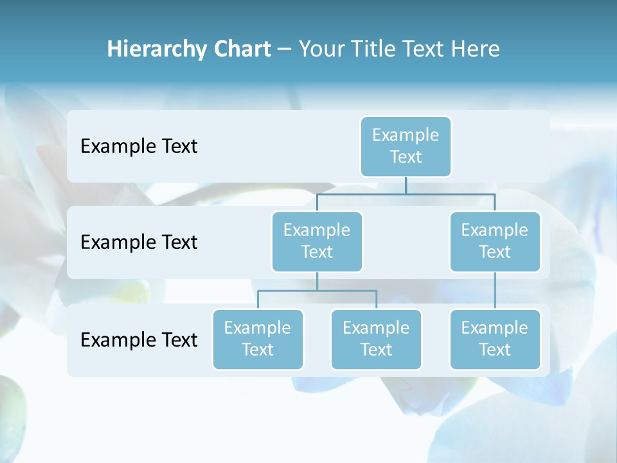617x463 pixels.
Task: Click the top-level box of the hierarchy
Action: coord(406,146)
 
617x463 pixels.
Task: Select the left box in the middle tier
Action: coord(317,241)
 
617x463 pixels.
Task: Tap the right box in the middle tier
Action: coord(495,241)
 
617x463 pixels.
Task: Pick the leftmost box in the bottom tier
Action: coord(258,339)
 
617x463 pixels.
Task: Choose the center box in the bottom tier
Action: coord(376,339)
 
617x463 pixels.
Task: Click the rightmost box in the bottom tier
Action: coord(495,339)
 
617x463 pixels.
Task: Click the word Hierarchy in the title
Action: coord(156,50)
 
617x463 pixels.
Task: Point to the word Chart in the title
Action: coord(241,49)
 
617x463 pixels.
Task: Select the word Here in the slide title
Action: coord(477,49)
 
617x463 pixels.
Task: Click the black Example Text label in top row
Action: coord(139,146)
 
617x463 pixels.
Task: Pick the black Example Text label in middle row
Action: coord(139,242)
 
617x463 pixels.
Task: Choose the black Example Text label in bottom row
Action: coord(139,340)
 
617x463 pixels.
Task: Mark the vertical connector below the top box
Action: coord(406,185)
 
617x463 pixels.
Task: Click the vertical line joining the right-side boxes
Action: coord(495,290)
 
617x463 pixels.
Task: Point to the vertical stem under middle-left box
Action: coord(317,281)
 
